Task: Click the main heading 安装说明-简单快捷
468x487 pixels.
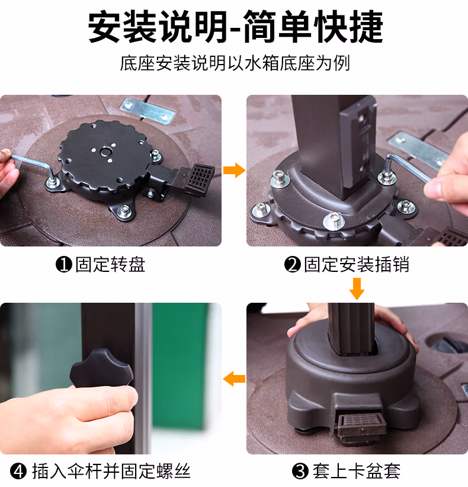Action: (x=235, y=27)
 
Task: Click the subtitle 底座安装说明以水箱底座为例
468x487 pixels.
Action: (x=235, y=63)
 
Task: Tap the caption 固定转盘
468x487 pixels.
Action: (x=110, y=265)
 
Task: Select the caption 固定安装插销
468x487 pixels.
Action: (x=357, y=265)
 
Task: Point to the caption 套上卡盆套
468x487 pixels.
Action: (x=357, y=471)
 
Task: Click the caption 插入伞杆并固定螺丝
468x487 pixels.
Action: (x=111, y=471)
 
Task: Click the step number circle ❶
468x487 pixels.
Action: (x=64, y=265)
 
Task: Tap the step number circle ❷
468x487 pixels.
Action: (x=293, y=265)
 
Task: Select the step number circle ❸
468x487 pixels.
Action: (x=300, y=471)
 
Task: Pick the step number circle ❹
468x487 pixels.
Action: (x=18, y=471)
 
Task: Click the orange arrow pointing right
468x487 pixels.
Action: (x=234, y=170)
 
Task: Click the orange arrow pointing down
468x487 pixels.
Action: (x=357, y=289)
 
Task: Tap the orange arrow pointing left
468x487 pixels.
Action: (x=234, y=379)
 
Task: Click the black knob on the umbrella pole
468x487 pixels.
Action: (x=101, y=369)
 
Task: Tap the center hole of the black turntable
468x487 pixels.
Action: (x=105, y=152)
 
